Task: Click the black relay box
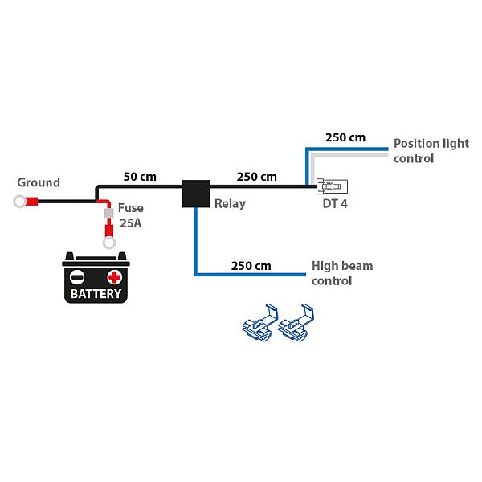coord(195,193)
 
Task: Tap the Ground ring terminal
coord(19,202)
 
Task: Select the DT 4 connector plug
coord(332,187)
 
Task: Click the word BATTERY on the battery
coord(96,293)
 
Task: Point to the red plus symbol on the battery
coord(115,277)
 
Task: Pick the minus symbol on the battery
coord(77,277)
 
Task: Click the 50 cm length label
coord(140,176)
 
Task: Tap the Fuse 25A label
coord(131,215)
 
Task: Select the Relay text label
coord(230,204)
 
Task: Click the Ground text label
coord(39,182)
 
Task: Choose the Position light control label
coord(431,151)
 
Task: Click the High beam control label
coord(342,273)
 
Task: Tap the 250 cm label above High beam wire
coord(251,265)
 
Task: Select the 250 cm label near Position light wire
coord(345,137)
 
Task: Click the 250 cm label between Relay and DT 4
coord(257,176)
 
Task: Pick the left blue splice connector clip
coord(259,321)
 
